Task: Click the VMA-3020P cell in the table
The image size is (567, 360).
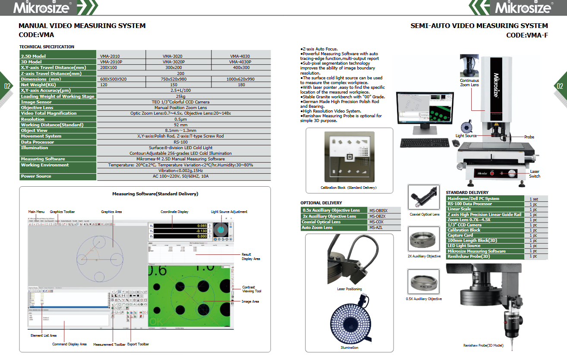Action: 173,62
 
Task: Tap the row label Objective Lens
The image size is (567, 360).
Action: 37,107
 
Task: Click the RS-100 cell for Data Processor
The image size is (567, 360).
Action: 180,141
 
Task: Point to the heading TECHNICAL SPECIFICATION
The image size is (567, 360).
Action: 47,47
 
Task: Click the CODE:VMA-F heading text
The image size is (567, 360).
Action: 527,35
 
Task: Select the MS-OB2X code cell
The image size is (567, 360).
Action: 378,216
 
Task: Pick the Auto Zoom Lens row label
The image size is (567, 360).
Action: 317,227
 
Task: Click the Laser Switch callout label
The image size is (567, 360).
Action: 534,174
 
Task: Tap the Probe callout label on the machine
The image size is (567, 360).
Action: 529,137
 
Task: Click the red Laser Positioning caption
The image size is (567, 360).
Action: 349,289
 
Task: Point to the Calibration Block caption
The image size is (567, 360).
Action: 348,188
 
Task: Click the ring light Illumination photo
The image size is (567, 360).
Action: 349,321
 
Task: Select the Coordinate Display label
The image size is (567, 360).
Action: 174,212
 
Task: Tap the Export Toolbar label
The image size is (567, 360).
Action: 138,344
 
